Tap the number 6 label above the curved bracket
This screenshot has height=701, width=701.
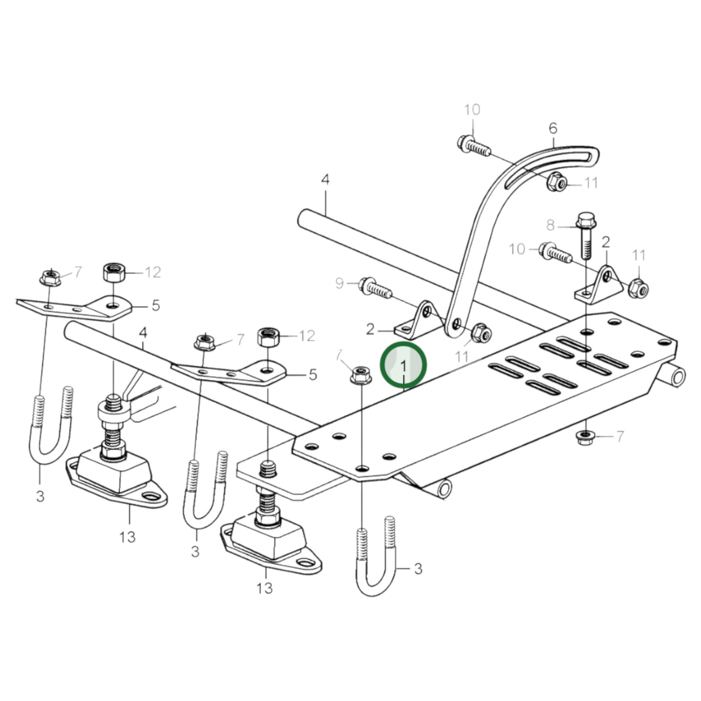tap(553, 129)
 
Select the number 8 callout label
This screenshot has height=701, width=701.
tap(550, 226)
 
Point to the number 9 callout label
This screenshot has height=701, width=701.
tap(340, 283)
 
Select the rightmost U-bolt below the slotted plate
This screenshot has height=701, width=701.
tap(376, 558)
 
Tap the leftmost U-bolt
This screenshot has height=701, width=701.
tap(51, 427)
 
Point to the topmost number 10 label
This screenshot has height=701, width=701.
tap(472, 110)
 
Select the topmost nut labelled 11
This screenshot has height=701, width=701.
tap(556, 182)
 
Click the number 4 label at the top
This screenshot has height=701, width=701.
tap(325, 180)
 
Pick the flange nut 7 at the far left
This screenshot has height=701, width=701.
tap(49, 278)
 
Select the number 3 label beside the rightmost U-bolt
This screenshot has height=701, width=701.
tap(418, 569)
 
